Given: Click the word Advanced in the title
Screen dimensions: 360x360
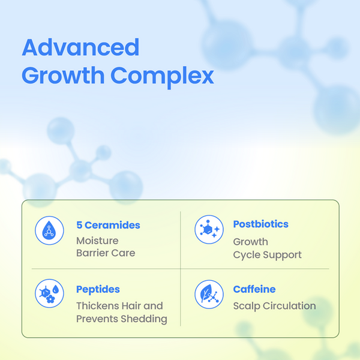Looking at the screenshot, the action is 80,47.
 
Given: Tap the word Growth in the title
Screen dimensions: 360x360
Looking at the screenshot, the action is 63,76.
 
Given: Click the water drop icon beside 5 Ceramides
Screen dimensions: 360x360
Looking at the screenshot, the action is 49,230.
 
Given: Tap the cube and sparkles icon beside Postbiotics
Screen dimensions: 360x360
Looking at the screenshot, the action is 209,229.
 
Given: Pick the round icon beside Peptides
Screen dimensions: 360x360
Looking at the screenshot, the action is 49,293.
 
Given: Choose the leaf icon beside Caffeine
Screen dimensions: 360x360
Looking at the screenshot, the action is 209,294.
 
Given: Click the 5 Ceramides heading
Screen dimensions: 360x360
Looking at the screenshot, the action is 108,225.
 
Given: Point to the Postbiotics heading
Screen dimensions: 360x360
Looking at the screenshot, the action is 260,224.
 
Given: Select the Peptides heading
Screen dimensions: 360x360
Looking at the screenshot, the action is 98,290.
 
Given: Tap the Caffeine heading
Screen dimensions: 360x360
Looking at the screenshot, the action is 254,289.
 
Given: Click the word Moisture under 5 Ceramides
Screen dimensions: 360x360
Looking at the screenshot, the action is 97,241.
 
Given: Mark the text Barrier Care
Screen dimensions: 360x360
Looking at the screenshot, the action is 106,253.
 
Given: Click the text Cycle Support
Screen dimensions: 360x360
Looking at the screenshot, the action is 267,256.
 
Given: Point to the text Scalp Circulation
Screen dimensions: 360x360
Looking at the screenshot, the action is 274,306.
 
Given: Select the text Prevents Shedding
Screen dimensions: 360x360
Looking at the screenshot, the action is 122,319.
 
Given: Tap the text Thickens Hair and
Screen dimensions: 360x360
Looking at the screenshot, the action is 119,306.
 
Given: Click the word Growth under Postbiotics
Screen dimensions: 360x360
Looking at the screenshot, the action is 250,242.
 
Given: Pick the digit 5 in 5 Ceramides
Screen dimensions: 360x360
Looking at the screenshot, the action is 79,225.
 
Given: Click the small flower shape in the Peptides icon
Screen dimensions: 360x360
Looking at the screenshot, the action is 50,299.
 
